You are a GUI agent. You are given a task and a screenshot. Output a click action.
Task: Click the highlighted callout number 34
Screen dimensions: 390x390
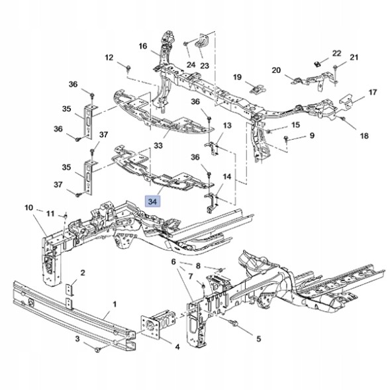point(152,201)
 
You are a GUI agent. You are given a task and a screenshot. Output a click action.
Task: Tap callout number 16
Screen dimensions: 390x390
point(143,46)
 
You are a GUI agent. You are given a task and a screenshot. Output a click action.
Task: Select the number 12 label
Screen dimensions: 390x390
point(109,58)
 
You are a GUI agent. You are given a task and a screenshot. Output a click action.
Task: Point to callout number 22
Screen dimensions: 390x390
point(336,53)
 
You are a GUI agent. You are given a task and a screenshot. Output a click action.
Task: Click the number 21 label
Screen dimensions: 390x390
point(354,57)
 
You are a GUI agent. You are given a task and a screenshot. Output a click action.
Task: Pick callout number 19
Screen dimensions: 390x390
point(237,77)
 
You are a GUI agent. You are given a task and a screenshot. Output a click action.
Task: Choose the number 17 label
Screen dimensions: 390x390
point(372,92)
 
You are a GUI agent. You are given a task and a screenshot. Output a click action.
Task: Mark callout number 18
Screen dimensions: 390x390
point(364,136)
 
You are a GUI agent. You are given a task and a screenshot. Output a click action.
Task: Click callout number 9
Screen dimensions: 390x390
point(312,135)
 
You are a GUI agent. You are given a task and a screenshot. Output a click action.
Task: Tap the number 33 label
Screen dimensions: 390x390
point(158,145)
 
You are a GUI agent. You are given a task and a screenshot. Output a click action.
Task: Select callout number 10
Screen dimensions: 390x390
point(29,207)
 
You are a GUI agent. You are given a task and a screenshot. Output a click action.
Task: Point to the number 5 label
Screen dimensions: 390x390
point(259,338)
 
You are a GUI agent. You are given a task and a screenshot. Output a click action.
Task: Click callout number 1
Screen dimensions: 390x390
point(115,304)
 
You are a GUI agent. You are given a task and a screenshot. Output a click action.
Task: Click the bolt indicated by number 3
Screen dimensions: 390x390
point(97,350)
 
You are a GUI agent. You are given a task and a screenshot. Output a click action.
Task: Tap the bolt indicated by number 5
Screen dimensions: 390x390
point(234,323)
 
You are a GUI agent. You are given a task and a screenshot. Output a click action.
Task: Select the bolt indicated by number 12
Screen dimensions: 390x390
point(128,68)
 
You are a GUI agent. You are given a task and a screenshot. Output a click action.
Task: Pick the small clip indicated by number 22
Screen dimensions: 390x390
point(317,64)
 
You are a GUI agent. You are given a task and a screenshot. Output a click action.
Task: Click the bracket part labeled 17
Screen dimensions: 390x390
point(346,101)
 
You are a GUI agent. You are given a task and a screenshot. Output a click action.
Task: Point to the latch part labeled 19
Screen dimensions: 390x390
point(257,88)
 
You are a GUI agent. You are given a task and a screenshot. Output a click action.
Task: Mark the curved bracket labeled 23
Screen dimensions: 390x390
point(201,40)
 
